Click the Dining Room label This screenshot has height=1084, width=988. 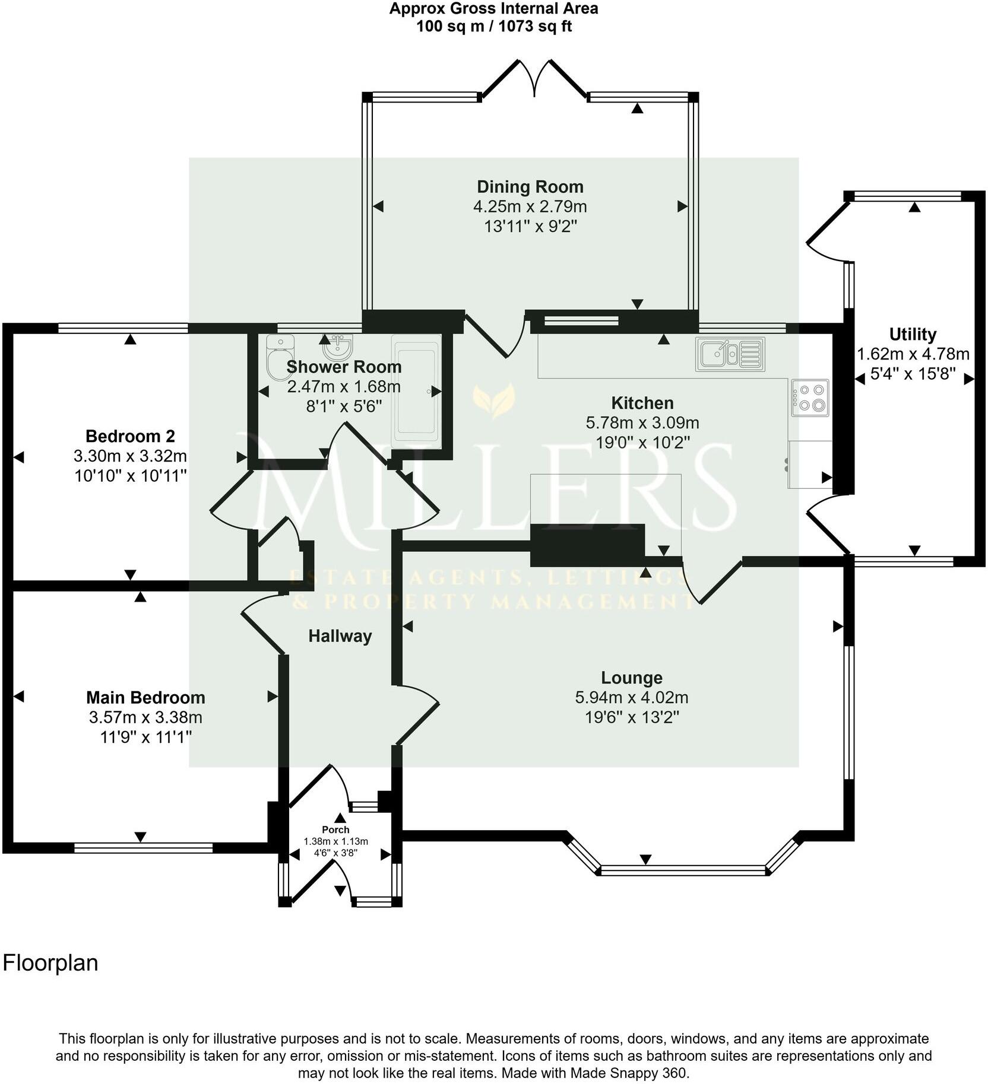click(530, 187)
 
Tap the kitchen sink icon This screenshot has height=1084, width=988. click(730, 354)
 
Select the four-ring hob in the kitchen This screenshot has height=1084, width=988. click(810, 398)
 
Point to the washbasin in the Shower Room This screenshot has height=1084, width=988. click(340, 344)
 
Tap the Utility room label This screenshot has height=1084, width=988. click(913, 334)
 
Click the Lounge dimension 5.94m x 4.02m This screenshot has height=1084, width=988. click(631, 697)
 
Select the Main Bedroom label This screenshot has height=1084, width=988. click(145, 697)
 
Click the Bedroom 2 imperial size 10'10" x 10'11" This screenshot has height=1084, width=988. click(131, 475)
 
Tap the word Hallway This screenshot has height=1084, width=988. click(340, 636)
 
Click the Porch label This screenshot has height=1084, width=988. click(335, 829)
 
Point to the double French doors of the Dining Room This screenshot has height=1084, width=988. click(536, 77)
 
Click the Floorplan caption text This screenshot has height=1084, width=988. click(50, 962)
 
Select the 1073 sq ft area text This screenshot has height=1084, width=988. click(531, 27)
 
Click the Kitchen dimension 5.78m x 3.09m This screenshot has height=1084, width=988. click(642, 423)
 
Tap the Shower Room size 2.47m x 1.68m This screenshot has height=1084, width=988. click(344, 387)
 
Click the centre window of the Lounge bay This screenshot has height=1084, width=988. click(683, 870)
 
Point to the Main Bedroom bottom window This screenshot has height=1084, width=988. click(143, 848)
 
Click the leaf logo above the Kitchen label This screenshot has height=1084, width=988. click(493, 400)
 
